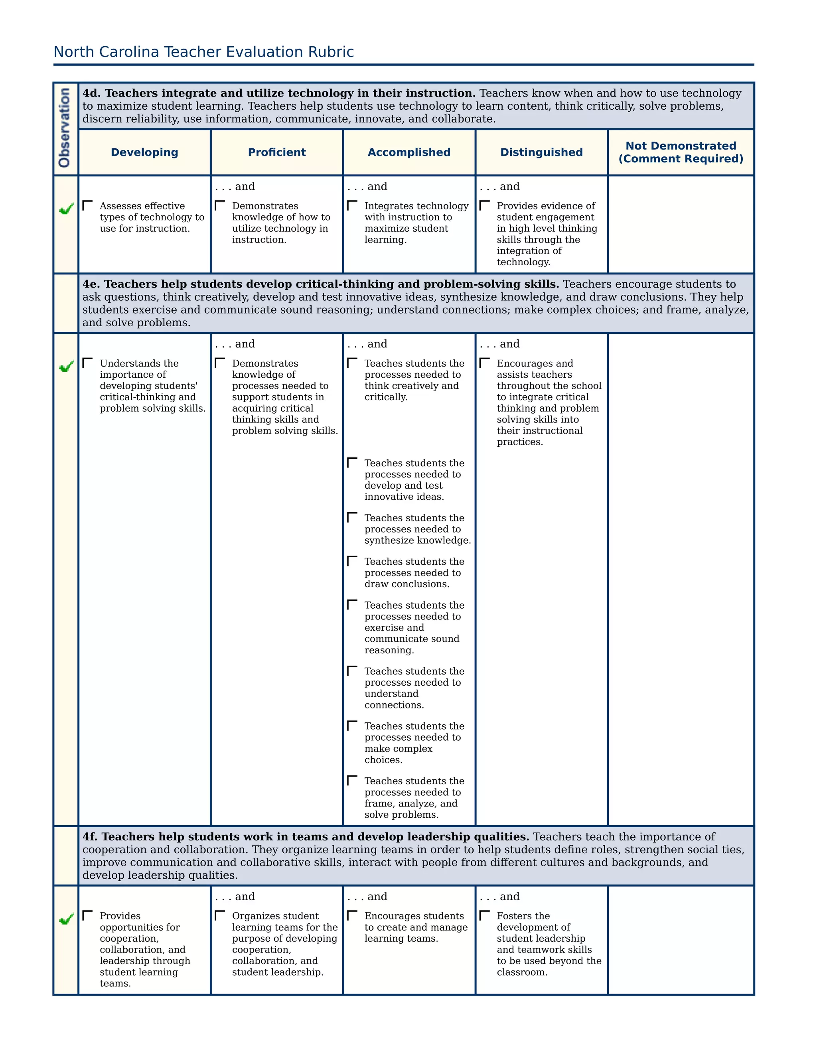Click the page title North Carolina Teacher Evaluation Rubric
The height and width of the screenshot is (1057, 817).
click(203, 52)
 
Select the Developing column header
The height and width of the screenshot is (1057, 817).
click(144, 152)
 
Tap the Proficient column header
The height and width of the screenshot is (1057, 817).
click(277, 152)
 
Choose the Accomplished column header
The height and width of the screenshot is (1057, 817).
click(409, 152)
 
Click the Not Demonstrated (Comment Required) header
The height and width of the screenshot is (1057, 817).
click(681, 152)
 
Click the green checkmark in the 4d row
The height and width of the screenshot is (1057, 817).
click(66, 209)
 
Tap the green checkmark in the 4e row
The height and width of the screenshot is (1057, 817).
click(66, 367)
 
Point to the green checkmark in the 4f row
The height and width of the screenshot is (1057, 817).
click(66, 919)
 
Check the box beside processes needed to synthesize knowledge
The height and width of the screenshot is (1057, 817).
click(352, 518)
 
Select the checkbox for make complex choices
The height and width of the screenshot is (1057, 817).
click(352, 726)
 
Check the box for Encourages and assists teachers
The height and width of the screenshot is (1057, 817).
click(484, 363)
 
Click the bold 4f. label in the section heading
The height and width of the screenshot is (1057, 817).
click(91, 837)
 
